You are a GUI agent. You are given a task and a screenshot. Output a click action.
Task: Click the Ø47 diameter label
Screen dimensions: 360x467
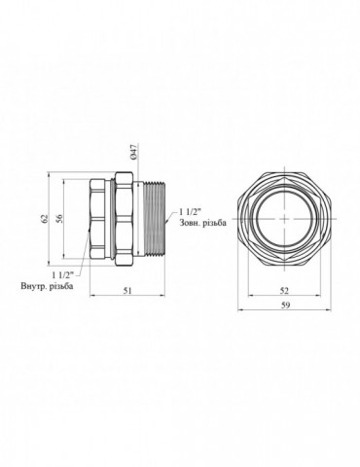(135, 151)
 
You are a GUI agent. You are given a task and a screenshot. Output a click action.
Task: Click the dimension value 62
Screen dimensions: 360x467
(45, 219)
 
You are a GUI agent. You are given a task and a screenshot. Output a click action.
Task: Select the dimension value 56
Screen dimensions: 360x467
(59, 219)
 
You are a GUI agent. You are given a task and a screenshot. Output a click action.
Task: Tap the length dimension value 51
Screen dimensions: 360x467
(127, 291)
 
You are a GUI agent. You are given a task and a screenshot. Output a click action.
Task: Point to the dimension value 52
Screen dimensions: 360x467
(284, 291)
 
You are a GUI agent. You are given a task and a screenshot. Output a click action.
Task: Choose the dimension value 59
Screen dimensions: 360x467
(285, 305)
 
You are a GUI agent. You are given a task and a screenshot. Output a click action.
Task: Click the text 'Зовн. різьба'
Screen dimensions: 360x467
(202, 223)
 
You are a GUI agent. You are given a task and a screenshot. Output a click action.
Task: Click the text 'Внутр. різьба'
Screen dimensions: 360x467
(47, 286)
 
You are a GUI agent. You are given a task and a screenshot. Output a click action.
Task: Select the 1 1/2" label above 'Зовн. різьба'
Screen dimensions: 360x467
(190, 212)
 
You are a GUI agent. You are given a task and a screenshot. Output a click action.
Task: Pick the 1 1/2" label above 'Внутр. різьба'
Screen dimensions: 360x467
(63, 275)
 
